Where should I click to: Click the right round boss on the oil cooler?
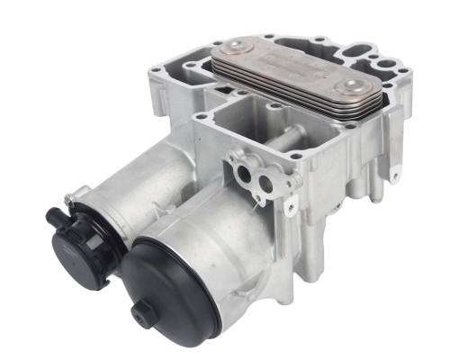(349, 86)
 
